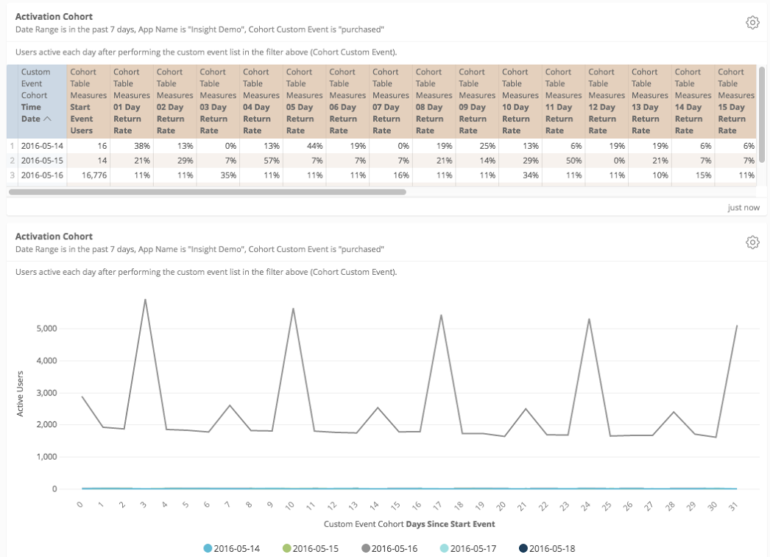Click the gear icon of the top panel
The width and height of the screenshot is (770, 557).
752,23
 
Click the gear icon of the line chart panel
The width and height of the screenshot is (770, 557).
752,242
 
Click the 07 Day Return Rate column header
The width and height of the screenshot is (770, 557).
386,101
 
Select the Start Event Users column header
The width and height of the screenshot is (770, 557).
89,101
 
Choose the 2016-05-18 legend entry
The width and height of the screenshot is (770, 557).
547,548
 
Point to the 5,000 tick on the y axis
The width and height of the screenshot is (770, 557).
46,329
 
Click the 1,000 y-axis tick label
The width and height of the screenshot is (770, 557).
46,457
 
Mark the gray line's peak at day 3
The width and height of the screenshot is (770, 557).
145,299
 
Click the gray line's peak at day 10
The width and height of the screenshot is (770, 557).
294,308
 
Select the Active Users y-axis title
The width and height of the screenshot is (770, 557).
21,393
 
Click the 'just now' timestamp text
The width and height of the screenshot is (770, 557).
743,208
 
